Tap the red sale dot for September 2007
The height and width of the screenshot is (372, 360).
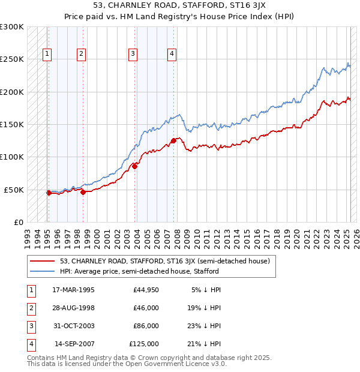pyautogui.click(x=173, y=140)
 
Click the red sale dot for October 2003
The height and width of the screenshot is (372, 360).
pyautogui.click(x=135, y=166)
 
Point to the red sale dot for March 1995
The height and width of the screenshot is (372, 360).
pyautogui.click(x=49, y=193)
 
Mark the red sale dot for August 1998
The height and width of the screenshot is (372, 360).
pyautogui.click(x=83, y=192)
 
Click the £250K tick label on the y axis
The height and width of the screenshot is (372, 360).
pyautogui.click(x=12, y=59)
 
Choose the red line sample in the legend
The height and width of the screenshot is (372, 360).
pyautogui.click(x=43, y=261)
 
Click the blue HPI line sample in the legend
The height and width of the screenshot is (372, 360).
pyautogui.click(x=43, y=271)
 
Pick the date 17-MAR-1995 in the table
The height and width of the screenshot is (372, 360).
pyautogui.click(x=74, y=290)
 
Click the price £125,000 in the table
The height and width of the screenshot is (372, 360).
pyautogui.click(x=144, y=344)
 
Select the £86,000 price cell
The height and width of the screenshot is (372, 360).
pyautogui.click(x=146, y=326)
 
